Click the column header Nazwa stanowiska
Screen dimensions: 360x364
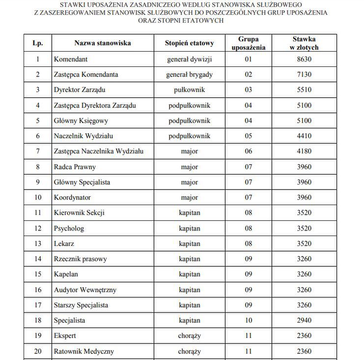(x=102, y=43)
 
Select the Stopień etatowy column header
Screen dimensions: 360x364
(x=189, y=43)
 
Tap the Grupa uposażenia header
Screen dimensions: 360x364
(x=248, y=43)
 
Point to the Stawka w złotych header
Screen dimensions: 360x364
(x=304, y=43)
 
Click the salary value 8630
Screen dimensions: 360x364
(x=304, y=59)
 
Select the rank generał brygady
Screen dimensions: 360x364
(x=189, y=75)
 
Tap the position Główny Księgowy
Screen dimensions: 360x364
(x=81, y=120)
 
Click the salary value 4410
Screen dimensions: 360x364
(x=304, y=136)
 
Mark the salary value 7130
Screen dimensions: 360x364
(x=304, y=75)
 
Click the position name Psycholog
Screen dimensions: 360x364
(x=69, y=228)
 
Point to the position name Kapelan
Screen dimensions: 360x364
(x=66, y=274)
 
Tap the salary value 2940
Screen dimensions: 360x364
(x=304, y=320)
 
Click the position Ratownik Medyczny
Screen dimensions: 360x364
(x=84, y=351)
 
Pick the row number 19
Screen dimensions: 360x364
(x=38, y=336)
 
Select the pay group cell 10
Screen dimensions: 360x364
(x=248, y=320)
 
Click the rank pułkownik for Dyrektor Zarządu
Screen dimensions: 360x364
(x=189, y=90)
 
